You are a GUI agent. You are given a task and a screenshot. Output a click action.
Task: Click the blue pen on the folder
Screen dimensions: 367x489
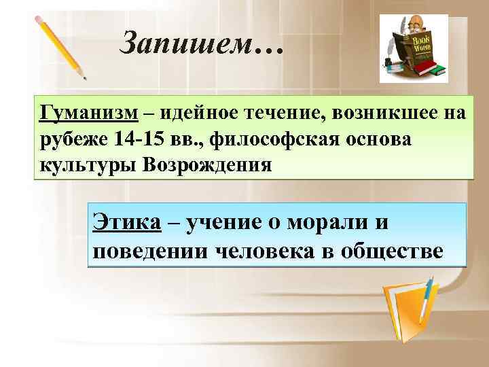(x=427, y=298)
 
